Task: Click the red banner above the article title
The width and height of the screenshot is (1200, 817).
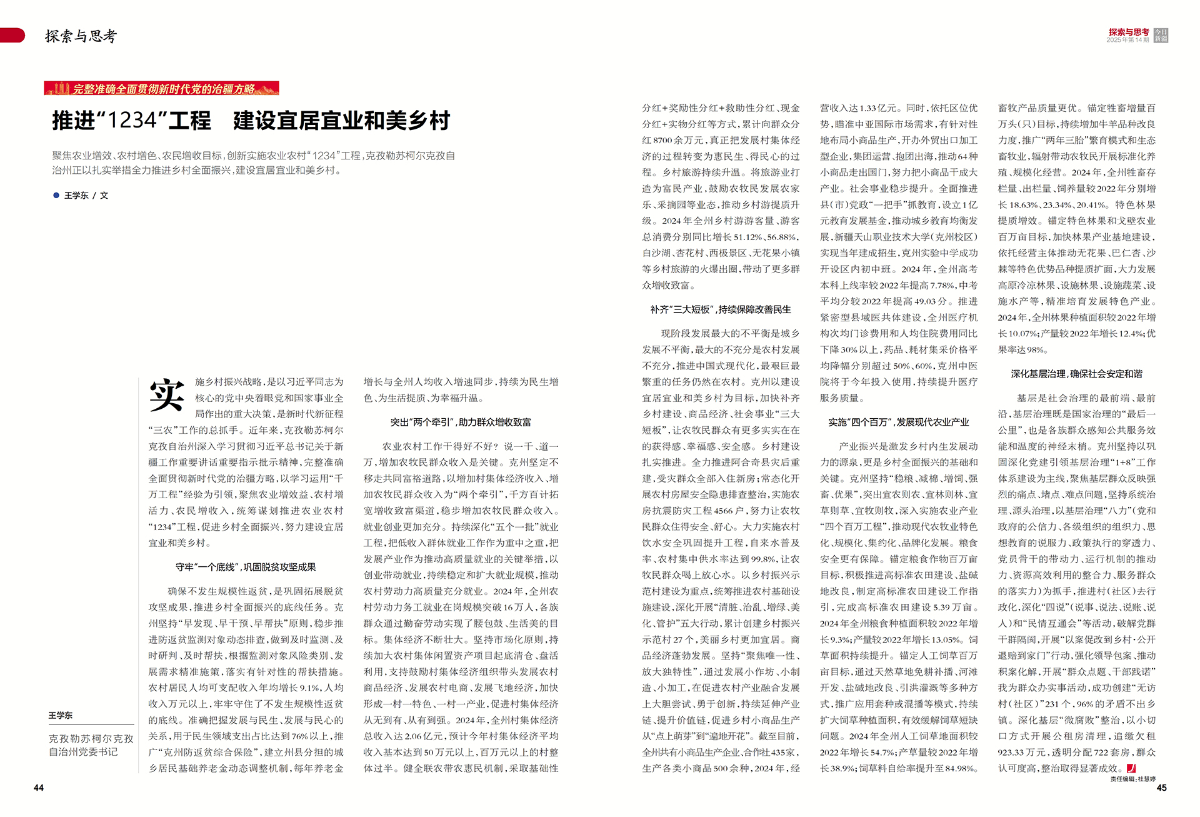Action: (161, 88)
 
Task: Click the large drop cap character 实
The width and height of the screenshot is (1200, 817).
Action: (166, 395)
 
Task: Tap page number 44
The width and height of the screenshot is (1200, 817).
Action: (39, 788)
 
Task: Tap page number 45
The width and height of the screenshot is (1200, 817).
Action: (1161, 788)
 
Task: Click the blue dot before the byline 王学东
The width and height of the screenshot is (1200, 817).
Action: (56, 196)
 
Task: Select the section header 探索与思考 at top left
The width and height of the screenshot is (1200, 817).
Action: (81, 36)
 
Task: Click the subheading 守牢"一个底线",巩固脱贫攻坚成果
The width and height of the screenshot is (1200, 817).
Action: (246, 567)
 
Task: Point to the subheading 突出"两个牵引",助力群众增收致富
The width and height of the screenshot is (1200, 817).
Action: (461, 422)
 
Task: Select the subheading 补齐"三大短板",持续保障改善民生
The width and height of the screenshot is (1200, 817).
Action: (720, 309)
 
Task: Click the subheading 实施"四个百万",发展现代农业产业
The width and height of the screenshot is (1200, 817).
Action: (898, 422)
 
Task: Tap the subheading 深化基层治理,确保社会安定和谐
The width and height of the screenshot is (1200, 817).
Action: (1076, 374)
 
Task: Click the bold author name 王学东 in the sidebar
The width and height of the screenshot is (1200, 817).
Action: (61, 715)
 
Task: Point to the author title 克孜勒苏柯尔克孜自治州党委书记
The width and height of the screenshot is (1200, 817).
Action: (91, 745)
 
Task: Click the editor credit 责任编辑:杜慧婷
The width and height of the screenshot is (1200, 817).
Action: (1132, 779)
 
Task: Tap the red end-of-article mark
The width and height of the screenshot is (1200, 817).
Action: (1131, 768)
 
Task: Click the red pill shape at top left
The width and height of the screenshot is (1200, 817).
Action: (12, 36)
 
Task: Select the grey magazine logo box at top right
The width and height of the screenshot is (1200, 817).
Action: (1161, 36)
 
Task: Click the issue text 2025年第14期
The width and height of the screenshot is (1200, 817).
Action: (1127, 40)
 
